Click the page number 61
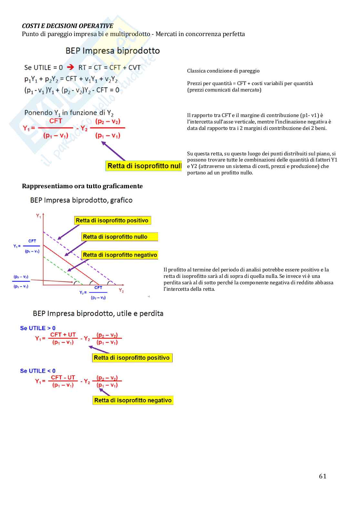[322, 476]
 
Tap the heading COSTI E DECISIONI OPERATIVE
[67, 26]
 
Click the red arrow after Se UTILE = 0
[70, 67]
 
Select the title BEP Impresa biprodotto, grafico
[81, 200]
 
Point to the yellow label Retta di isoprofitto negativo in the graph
[120, 255]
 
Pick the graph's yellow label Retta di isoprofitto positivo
[112, 220]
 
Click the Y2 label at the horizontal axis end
[121, 290]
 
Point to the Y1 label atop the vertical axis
[38, 216]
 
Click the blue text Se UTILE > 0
[38, 328]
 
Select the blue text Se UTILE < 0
[38, 371]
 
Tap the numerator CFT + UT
[63, 335]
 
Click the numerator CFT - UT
[63, 377]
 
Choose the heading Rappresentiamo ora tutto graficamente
[82, 186]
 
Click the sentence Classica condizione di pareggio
[223, 71]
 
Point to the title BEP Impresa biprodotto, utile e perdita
[98, 313]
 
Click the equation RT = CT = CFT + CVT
[109, 68]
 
